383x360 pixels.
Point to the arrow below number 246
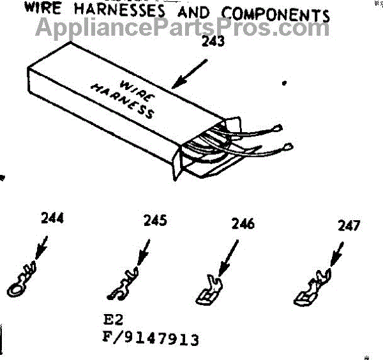[x=229, y=255]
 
